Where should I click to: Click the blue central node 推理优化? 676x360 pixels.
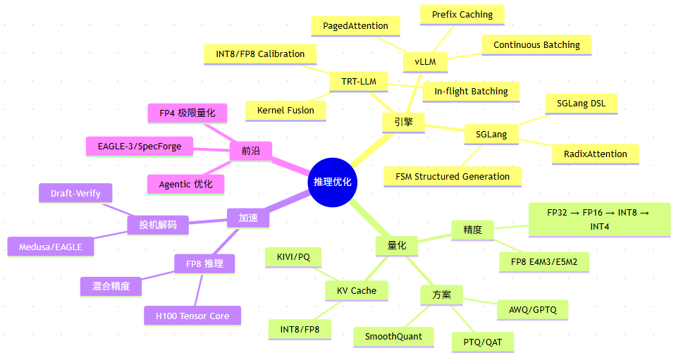pyautogui.click(x=333, y=182)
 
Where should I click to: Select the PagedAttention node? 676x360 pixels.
pyautogui.click(x=356, y=26)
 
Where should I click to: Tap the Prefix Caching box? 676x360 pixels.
pyautogui.click(x=462, y=15)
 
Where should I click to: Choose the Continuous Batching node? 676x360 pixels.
pyautogui.click(x=536, y=45)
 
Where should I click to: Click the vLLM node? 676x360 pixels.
pyautogui.click(x=425, y=62)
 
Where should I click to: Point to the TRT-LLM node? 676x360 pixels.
pyautogui.click(x=359, y=82)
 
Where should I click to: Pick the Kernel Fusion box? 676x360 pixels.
pyautogui.click(x=285, y=111)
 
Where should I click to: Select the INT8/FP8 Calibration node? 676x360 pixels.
pyautogui.click(x=260, y=54)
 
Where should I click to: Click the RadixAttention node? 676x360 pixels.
pyautogui.click(x=596, y=154)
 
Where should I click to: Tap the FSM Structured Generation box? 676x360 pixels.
pyautogui.click(x=453, y=177)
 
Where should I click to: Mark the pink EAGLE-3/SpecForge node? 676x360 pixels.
pyautogui.click(x=140, y=147)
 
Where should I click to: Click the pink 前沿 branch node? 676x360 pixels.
pyautogui.click(x=250, y=151)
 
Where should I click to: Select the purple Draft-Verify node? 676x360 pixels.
pyautogui.click(x=75, y=193)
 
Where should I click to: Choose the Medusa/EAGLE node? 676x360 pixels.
pyautogui.click(x=51, y=247)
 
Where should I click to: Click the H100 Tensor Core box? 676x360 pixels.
pyautogui.click(x=192, y=316)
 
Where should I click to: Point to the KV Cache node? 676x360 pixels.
pyautogui.click(x=357, y=291)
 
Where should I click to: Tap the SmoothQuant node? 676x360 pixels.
pyautogui.click(x=393, y=337)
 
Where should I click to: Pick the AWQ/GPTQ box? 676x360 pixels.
pyautogui.click(x=532, y=310)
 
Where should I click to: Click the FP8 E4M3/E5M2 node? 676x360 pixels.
pyautogui.click(x=544, y=262)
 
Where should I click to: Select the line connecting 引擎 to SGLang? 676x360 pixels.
pyautogui.click(x=445, y=128)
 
